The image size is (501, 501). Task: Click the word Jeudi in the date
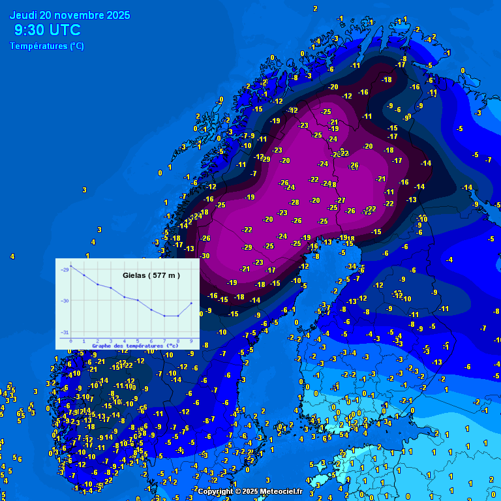click(x=23, y=15)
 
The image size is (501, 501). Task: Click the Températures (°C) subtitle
click(x=46, y=46)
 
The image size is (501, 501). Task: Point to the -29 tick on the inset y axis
click(x=64, y=269)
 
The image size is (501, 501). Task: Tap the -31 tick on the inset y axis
click(x=64, y=333)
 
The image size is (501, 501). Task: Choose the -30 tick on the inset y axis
click(x=64, y=301)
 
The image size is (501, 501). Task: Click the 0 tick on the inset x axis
click(x=71, y=341)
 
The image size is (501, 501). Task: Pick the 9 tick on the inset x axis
click(x=191, y=341)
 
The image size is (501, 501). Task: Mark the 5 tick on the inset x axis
click(x=138, y=341)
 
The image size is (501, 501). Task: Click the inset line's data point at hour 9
click(x=191, y=303)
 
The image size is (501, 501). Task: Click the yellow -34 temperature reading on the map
click(x=352, y=266)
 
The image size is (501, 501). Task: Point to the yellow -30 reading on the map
click(x=205, y=256)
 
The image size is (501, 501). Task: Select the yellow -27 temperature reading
click(x=341, y=200)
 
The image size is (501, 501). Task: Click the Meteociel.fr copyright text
click(x=250, y=491)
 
